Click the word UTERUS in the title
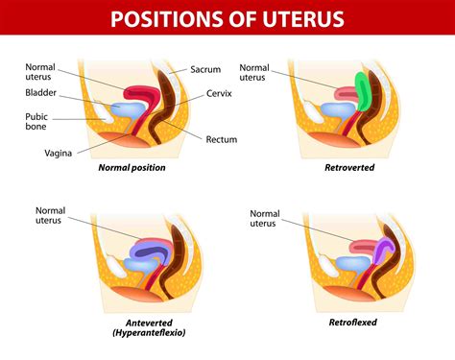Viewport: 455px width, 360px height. tap(307, 18)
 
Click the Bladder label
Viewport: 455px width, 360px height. tap(40, 93)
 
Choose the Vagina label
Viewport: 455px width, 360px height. tap(60, 152)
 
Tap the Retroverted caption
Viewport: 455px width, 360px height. tap(349, 167)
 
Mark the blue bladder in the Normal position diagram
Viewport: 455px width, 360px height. tap(129, 109)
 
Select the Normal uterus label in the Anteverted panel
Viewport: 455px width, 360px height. tap(51, 215)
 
